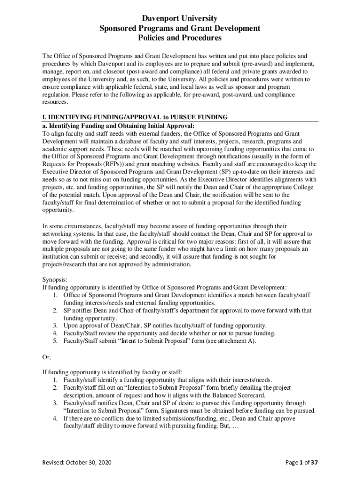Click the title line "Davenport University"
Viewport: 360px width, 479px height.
point(180,18)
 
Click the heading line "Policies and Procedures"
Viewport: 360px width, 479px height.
point(180,38)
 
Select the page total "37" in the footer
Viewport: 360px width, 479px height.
point(314,463)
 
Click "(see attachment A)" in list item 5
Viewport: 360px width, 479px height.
point(231,341)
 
